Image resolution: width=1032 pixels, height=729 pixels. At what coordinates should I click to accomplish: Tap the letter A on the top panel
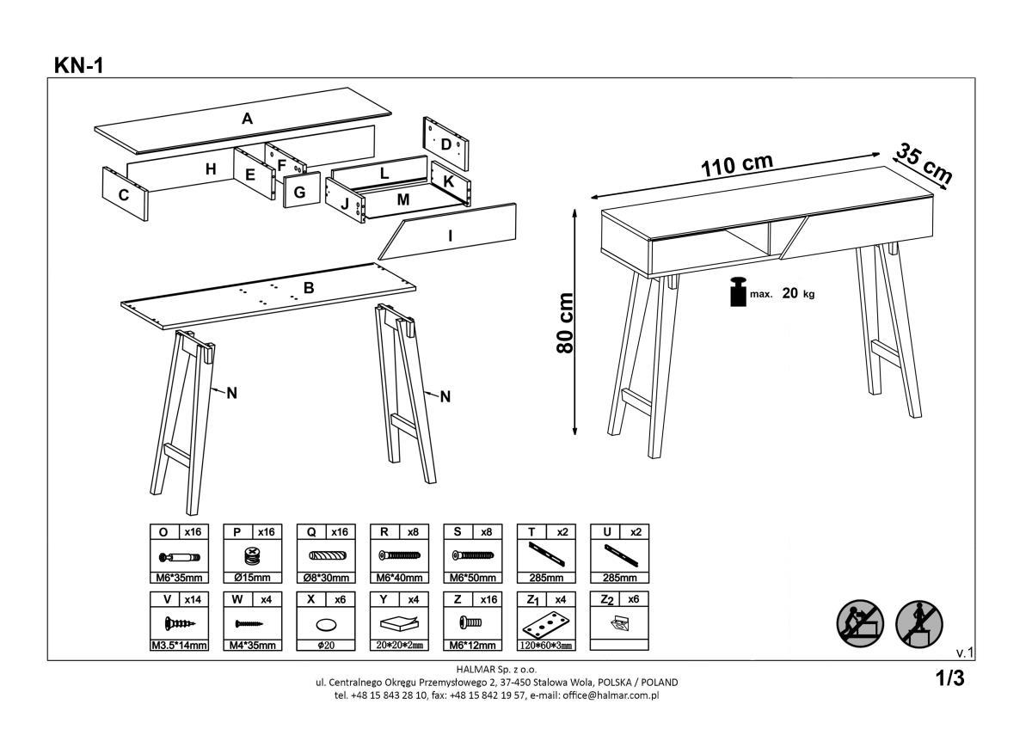click(x=247, y=119)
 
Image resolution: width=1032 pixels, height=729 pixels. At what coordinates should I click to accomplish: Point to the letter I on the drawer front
click(x=451, y=234)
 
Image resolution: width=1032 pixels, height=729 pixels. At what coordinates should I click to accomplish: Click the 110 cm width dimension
click(x=735, y=165)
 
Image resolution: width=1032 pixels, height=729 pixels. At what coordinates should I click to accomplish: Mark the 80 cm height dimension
click(x=565, y=322)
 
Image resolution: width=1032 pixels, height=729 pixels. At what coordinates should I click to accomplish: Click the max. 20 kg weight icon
click(x=736, y=292)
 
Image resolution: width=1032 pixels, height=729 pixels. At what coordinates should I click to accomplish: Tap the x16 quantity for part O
click(x=193, y=533)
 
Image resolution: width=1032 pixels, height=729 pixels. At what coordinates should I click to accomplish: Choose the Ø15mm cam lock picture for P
click(x=252, y=555)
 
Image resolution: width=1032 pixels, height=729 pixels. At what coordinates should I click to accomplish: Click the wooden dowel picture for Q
click(x=326, y=555)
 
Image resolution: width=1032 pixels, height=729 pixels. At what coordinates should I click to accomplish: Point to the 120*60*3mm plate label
click(x=547, y=644)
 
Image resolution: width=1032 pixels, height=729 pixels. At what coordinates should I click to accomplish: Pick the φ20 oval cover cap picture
click(x=326, y=622)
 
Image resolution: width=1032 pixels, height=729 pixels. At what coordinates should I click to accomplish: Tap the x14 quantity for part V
click(x=193, y=599)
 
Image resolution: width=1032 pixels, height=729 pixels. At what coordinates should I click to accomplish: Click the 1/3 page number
click(x=950, y=678)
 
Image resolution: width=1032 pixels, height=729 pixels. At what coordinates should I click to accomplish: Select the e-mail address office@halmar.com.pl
click(x=607, y=695)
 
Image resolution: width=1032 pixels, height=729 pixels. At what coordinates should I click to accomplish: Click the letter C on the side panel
click(x=124, y=195)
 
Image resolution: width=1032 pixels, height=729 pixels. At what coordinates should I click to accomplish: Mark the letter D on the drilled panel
click(x=445, y=144)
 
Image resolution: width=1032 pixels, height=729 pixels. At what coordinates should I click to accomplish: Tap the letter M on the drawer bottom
click(x=402, y=199)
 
